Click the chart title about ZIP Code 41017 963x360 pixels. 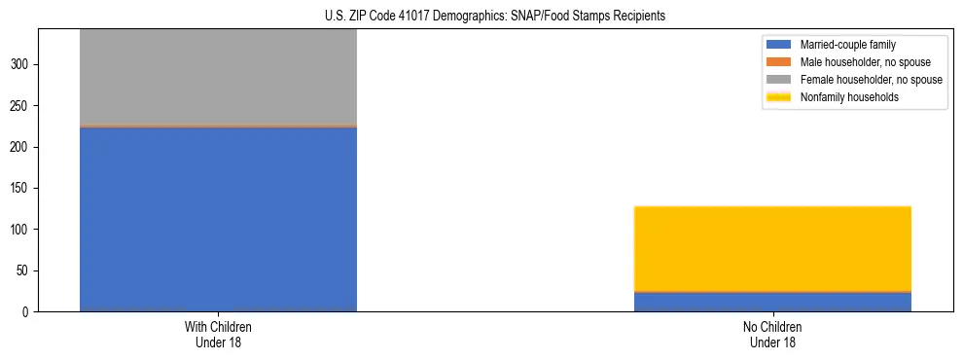(x=495, y=17)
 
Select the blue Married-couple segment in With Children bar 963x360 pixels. (x=218, y=219)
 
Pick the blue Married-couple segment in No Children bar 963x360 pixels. (x=772, y=302)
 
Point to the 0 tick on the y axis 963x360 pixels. (x=27, y=312)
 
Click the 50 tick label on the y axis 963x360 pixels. (x=24, y=271)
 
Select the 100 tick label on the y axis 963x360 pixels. (x=21, y=230)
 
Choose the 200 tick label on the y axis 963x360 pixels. (x=21, y=147)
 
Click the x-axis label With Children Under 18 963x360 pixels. (x=218, y=334)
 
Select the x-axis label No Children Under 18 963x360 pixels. (x=772, y=334)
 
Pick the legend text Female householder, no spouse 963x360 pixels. (x=871, y=80)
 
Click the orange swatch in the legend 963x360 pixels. (x=779, y=62)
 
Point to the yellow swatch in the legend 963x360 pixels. (x=779, y=97)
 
